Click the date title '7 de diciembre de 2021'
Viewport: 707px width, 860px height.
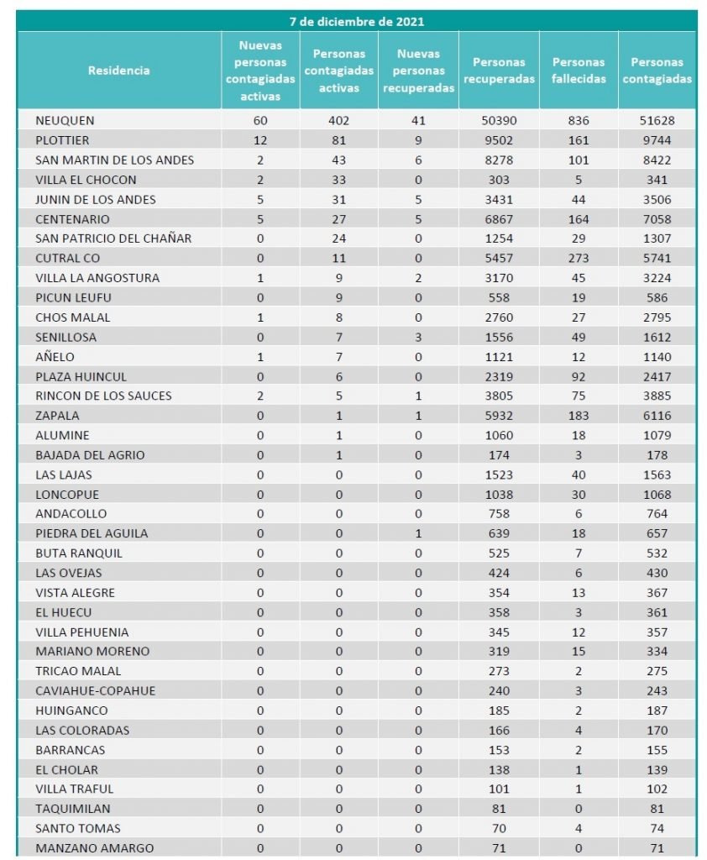(x=357, y=21)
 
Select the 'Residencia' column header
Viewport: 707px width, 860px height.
(x=119, y=71)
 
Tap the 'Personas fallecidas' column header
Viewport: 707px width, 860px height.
(x=579, y=71)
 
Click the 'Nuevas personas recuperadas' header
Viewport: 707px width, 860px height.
(x=418, y=71)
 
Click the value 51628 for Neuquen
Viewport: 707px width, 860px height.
(x=657, y=121)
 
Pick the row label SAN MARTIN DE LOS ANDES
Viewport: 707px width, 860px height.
(x=115, y=160)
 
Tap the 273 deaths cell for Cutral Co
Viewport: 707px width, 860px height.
(x=579, y=259)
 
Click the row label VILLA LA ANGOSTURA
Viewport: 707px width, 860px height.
(x=97, y=278)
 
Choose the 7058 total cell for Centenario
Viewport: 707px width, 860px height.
(x=657, y=219)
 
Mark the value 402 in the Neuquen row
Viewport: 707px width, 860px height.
(x=338, y=121)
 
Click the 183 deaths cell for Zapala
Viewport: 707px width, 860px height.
(x=579, y=416)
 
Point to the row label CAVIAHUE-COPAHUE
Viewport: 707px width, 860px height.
(x=96, y=691)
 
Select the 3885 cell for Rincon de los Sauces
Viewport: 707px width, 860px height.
(x=657, y=396)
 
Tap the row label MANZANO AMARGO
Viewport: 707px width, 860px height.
(x=95, y=848)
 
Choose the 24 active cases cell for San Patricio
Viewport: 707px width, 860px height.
(x=338, y=239)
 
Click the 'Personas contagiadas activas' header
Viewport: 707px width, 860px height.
(x=338, y=71)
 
